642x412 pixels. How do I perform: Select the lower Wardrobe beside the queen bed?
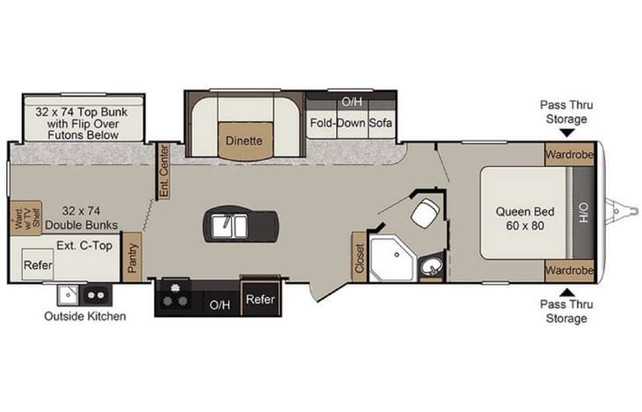click(x=568, y=270)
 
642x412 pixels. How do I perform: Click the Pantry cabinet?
click(x=133, y=257)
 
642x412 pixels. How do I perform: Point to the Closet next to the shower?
click(x=358, y=257)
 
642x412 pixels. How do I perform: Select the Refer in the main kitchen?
click(x=260, y=300)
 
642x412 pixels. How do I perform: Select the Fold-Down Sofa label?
click(x=350, y=123)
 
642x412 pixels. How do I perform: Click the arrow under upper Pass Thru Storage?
click(x=564, y=134)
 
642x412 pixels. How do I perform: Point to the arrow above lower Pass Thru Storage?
click(x=564, y=292)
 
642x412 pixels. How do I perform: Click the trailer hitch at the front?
click(x=624, y=210)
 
